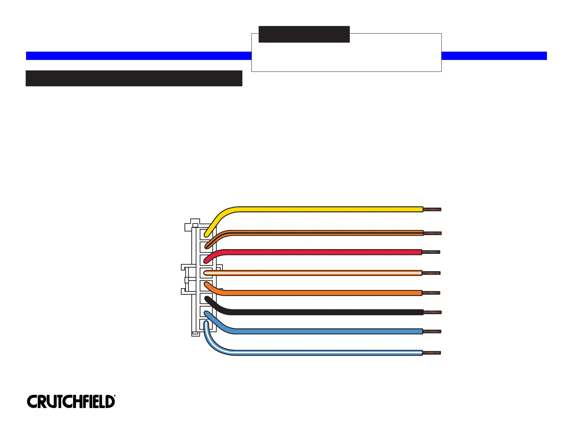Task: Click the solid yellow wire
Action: pyautogui.click(x=326, y=209)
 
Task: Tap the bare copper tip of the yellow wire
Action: pyautogui.click(x=432, y=209)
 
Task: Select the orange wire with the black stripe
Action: pyautogui.click(x=326, y=233)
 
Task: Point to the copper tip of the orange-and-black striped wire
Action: pyautogui.click(x=432, y=233)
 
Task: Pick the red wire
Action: pyautogui.click(x=326, y=252)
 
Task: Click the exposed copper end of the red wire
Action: pyautogui.click(x=431, y=252)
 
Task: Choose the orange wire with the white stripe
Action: pyautogui.click(x=326, y=273)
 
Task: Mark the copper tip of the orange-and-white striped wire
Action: pyautogui.click(x=432, y=273)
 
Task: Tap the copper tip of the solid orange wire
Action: pyautogui.click(x=431, y=293)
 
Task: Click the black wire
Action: pyautogui.click(x=326, y=312)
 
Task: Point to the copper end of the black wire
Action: pyautogui.click(x=432, y=312)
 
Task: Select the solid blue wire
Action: pyautogui.click(x=326, y=331)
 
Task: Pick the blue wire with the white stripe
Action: pyautogui.click(x=326, y=352)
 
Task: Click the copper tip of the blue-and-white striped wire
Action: pyautogui.click(x=432, y=353)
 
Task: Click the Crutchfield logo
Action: pyautogui.click(x=71, y=402)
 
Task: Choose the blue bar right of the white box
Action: pyautogui.click(x=494, y=56)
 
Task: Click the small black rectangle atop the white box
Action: pyautogui.click(x=304, y=34)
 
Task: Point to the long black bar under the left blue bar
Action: pyautogui.click(x=134, y=78)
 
